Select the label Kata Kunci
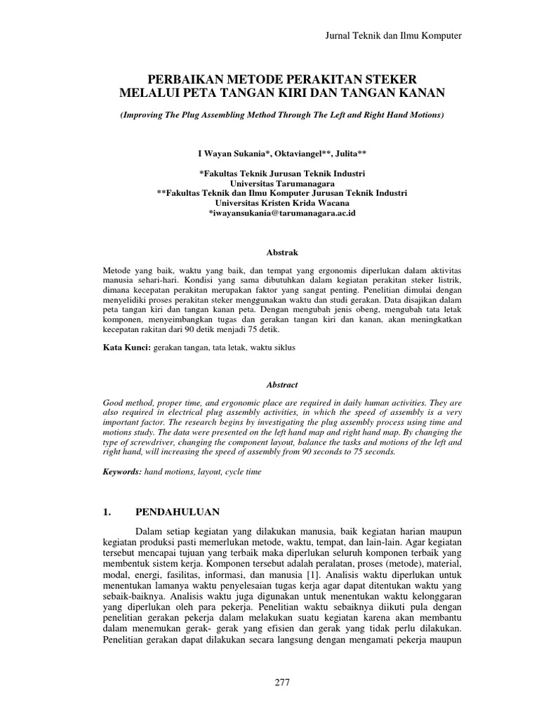(x=126, y=348)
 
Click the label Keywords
(x=122, y=473)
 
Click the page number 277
(x=282, y=682)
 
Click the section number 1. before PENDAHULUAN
(x=107, y=513)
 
